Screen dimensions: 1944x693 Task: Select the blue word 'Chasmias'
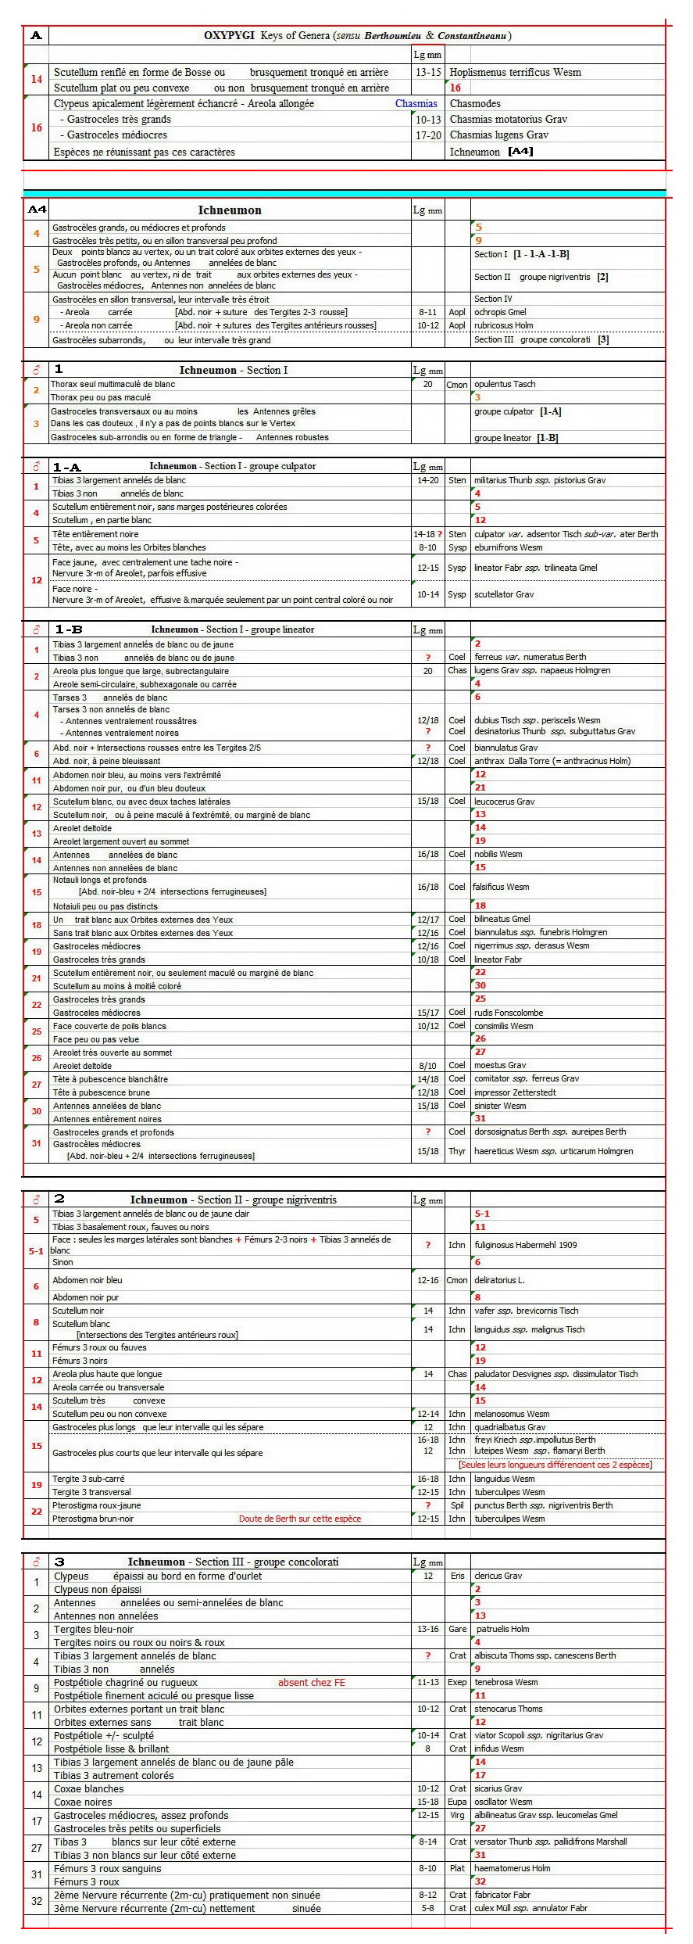coord(416,104)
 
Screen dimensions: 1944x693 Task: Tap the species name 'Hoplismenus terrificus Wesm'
coord(515,73)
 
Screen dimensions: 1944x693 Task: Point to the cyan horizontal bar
coord(344,193)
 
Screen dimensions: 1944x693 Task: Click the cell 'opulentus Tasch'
coord(505,384)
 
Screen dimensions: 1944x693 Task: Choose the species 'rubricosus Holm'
coord(503,325)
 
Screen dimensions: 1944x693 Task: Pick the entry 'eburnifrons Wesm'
coord(508,547)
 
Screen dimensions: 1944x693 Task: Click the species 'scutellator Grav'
coord(504,594)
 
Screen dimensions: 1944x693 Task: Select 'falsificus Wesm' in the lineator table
coord(502,887)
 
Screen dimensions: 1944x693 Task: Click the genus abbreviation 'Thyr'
coord(457,1151)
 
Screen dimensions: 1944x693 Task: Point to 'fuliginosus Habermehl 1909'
coord(525,1245)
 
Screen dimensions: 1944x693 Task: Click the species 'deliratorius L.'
coord(499,1280)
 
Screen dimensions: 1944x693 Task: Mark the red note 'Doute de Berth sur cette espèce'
coord(300,1519)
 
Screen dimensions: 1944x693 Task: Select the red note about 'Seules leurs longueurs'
coord(555,1465)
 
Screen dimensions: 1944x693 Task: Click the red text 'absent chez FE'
coord(311,1683)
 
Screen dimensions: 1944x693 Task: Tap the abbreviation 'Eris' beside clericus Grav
coord(457,1576)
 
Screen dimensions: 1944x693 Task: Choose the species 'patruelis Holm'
coord(502,1630)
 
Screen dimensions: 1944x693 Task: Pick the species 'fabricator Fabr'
coord(502,1895)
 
